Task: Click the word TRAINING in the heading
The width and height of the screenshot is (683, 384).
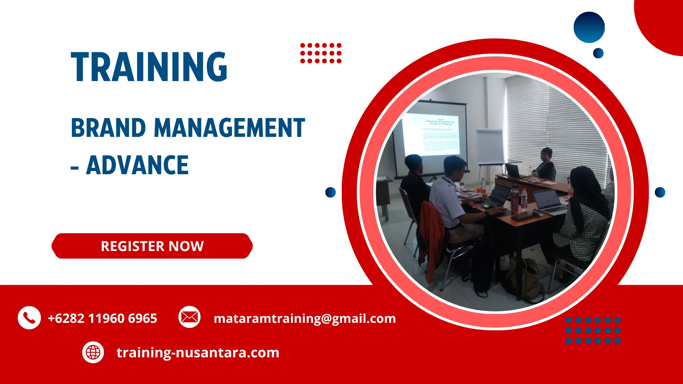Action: (x=149, y=67)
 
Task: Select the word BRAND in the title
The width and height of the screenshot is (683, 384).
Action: (x=108, y=128)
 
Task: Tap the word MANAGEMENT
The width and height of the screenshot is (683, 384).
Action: (x=229, y=128)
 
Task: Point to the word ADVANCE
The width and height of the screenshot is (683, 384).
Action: (x=137, y=165)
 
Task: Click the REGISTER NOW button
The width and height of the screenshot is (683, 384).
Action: (x=152, y=246)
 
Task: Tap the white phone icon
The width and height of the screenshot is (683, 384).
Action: (x=29, y=318)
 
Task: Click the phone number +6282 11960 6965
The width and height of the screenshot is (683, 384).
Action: (x=102, y=318)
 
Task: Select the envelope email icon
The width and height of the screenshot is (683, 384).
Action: (x=189, y=317)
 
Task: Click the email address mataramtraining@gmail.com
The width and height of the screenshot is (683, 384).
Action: (x=305, y=318)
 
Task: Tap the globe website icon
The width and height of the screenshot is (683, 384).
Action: (x=93, y=352)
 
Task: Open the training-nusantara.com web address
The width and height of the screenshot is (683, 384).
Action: (x=198, y=353)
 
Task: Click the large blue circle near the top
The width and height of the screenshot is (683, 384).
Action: (x=589, y=27)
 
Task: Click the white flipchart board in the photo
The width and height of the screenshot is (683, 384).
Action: (x=490, y=146)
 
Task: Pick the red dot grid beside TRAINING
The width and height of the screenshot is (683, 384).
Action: (x=321, y=53)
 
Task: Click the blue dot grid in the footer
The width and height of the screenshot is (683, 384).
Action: (x=593, y=330)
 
